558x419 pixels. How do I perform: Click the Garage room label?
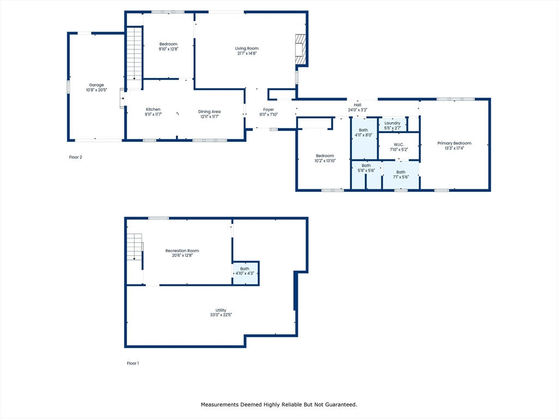(x=96, y=85)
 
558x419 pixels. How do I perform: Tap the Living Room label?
(x=247, y=49)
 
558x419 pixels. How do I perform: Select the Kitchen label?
(x=153, y=109)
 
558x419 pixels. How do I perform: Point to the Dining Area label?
(x=209, y=111)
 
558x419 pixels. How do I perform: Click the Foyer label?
(x=268, y=110)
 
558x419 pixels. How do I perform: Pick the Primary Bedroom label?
(x=454, y=143)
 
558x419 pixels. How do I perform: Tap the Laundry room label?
(x=392, y=123)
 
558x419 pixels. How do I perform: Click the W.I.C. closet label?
(x=398, y=145)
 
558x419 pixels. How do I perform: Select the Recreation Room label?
(x=182, y=250)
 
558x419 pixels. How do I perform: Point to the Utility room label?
(x=221, y=310)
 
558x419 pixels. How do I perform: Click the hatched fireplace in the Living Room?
(x=301, y=50)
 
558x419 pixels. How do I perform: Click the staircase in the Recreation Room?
(x=135, y=247)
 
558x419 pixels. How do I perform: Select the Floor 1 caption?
(x=133, y=363)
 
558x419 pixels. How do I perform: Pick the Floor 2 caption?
(x=75, y=157)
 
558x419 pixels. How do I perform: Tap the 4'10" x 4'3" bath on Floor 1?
(x=245, y=274)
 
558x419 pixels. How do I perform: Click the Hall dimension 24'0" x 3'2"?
(x=357, y=110)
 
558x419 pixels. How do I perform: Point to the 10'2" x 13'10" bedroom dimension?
(x=325, y=161)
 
